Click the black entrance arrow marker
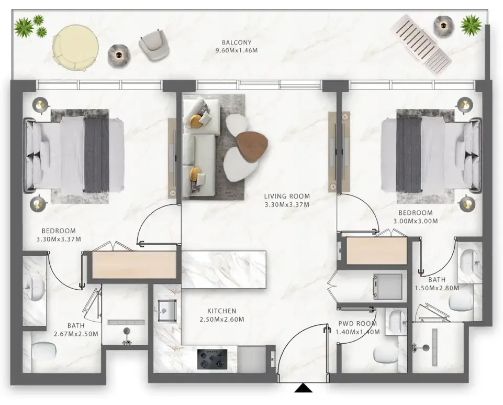click(x=303, y=388)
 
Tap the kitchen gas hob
click(x=212, y=359)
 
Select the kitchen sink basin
click(x=166, y=311)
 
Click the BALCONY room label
click(x=237, y=42)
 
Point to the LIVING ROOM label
click(x=287, y=196)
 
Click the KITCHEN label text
click(x=222, y=311)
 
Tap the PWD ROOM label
click(x=357, y=324)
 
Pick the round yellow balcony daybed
click(x=76, y=48)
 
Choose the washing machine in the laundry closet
click(x=387, y=286)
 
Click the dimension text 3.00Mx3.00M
click(x=416, y=221)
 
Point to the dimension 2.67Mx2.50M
click(x=76, y=334)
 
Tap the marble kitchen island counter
click(x=224, y=269)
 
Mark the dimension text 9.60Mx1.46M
click(x=237, y=50)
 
